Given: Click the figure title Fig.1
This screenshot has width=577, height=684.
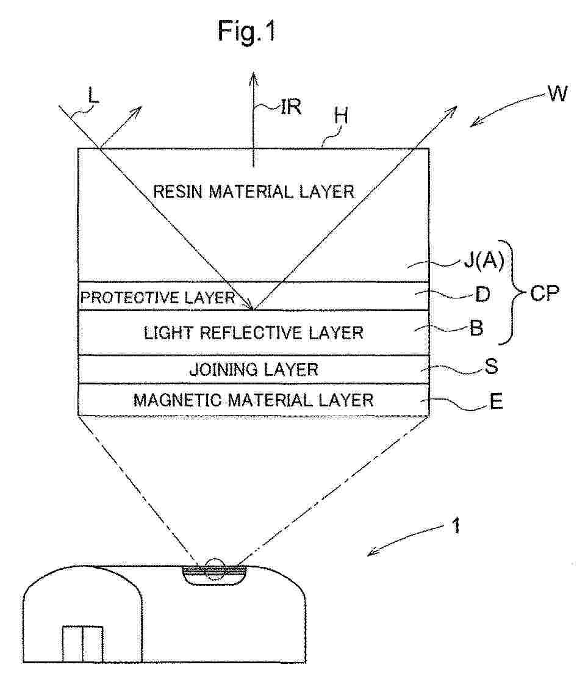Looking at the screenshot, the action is coord(246,31).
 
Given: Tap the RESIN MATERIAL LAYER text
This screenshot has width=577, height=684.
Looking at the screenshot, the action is coord(253,192).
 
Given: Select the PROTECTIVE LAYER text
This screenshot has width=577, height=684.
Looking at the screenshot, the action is coord(158,298).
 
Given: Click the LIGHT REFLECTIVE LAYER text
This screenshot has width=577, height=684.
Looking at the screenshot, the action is coord(253,333).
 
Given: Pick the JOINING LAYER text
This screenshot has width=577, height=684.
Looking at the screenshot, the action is coord(253,370).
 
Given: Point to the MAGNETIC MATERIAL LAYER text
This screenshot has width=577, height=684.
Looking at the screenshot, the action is coord(253,400).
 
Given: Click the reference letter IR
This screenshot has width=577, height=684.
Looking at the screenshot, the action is coord(290,107).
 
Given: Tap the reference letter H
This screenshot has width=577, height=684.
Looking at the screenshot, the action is coord(342,116).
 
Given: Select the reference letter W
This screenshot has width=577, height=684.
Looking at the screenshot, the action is coord(557,94).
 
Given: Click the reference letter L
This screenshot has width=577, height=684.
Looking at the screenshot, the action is coord(93,95).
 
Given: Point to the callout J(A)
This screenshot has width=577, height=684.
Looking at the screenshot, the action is coord(483,261).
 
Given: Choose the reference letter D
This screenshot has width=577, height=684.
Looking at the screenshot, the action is coord(482,295).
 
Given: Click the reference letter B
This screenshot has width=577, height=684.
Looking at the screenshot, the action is coord(476,328).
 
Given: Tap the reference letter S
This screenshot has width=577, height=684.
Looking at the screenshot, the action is coord(491,367).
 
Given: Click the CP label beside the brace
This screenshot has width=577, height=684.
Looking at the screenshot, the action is coord(544,293).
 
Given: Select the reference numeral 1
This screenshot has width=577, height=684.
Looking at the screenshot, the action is coord(456,525).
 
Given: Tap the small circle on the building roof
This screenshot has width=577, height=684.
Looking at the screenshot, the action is coord(214,569).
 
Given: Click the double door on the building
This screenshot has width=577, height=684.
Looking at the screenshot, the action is coord(82,644).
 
